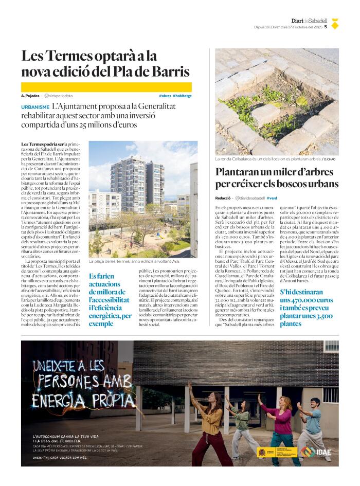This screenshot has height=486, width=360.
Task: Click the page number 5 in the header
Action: (x=326, y=27)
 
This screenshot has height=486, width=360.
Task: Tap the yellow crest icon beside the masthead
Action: (x=334, y=24)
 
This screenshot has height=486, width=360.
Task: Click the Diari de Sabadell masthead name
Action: (x=309, y=21)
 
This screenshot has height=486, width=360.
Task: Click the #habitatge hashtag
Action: (x=182, y=96)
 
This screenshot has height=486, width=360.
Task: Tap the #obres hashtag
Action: (x=165, y=96)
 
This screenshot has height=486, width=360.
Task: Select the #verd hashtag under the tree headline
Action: (x=272, y=198)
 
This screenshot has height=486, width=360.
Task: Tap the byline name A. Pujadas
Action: (x=30, y=96)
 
